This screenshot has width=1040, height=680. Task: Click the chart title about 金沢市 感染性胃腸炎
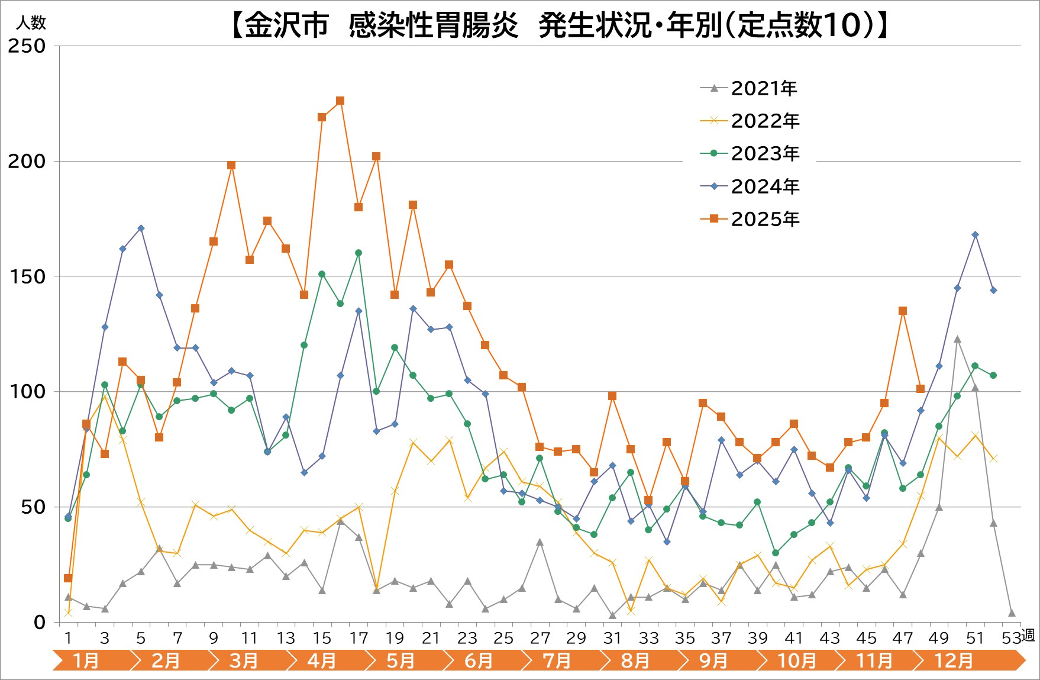(558, 25)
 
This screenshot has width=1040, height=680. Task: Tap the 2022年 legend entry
(764, 121)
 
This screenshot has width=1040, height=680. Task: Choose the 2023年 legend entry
(764, 153)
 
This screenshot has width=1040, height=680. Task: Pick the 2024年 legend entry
(764, 186)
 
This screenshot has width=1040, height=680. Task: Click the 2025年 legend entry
(764, 219)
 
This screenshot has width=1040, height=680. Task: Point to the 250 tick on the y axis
(27, 46)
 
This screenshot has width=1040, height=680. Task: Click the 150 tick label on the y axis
(27, 276)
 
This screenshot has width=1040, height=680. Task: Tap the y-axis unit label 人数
(31, 23)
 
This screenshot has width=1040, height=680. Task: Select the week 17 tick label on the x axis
(358, 638)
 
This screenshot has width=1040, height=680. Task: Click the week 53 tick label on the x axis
(1012, 638)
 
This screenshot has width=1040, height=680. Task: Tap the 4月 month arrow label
(321, 660)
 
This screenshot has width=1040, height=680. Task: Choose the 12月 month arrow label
(953, 660)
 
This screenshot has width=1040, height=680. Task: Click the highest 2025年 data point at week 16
(340, 101)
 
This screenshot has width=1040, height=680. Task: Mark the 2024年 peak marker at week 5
(141, 228)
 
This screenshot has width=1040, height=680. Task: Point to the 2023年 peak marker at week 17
(358, 253)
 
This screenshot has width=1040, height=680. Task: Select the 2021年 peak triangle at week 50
(957, 339)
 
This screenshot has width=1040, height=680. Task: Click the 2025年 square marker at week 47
(903, 311)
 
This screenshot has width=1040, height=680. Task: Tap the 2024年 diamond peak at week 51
(975, 235)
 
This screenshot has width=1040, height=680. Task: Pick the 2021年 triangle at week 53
(1012, 613)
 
